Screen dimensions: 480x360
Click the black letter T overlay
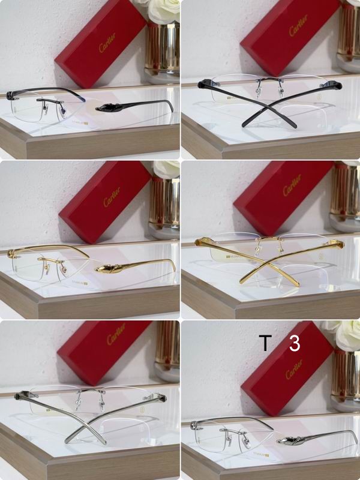pyautogui.click(x=265, y=344)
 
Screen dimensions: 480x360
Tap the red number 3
pyautogui.click(x=294, y=344)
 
